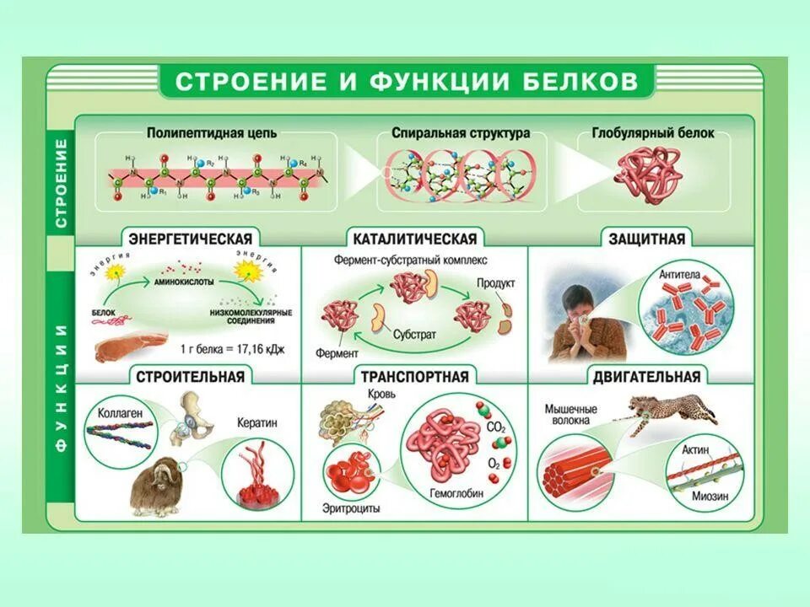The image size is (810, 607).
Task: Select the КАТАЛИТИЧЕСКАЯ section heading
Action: (x=415, y=239)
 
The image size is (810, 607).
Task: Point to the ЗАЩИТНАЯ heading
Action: (x=647, y=239)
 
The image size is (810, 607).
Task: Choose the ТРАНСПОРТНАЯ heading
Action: (x=414, y=376)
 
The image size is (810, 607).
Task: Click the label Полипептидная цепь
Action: (x=212, y=133)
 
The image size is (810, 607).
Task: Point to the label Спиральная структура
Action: (x=461, y=133)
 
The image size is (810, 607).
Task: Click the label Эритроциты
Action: (x=352, y=508)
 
